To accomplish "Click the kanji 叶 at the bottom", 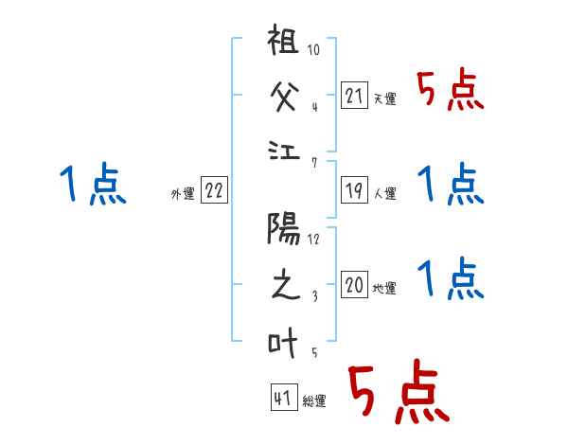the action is [284, 343].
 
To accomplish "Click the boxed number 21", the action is [354, 96].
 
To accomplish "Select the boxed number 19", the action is [354, 190].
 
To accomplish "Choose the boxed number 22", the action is [213, 190].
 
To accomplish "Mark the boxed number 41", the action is [282, 398].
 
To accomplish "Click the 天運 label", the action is [385, 98].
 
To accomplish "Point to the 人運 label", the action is [385, 193].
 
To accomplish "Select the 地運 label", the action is [385, 288].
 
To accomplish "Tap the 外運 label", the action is [183, 193].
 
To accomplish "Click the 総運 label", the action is [314, 400].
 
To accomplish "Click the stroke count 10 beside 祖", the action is [314, 49].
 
